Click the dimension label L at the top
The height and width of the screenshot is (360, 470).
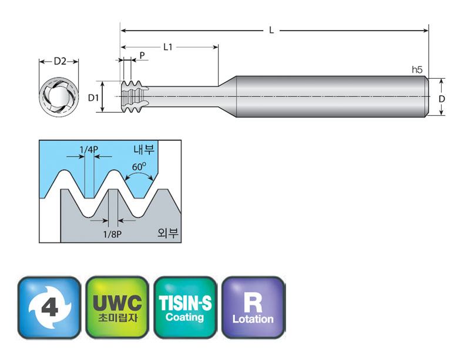coord(271,30)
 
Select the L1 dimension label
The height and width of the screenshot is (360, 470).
coord(167,46)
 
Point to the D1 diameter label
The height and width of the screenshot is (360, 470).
coord(92,96)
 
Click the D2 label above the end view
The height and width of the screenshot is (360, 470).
coord(59,62)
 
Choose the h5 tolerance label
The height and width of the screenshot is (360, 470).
coord(417,70)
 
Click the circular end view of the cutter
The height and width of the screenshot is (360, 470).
coord(59,96)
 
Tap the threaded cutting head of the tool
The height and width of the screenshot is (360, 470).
coord(133,96)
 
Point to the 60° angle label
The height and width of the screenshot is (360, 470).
coord(139,167)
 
